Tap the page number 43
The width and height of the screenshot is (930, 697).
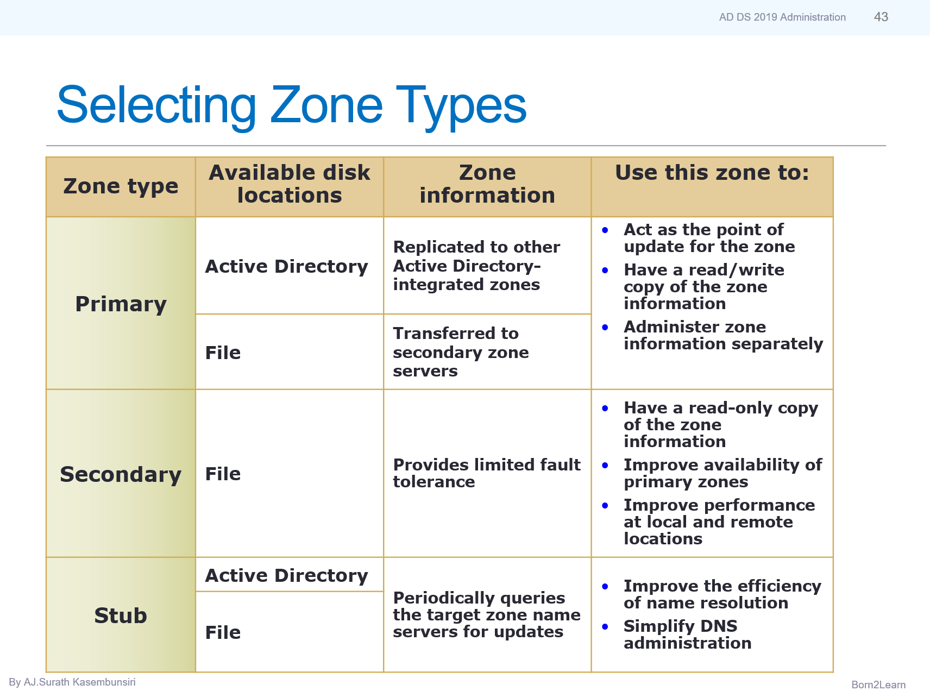click(x=881, y=17)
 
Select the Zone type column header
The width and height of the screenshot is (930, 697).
click(x=121, y=186)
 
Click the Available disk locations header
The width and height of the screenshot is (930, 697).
click(x=290, y=184)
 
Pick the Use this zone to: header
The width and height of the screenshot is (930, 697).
click(x=712, y=173)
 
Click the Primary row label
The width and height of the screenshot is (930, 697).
click(x=121, y=304)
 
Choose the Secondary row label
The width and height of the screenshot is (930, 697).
click(x=121, y=474)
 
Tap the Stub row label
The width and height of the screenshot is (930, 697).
click(x=121, y=616)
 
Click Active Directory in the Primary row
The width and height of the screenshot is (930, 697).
click(x=286, y=266)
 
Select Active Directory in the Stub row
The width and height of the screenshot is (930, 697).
click(x=286, y=575)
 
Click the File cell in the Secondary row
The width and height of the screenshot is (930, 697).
click(x=223, y=474)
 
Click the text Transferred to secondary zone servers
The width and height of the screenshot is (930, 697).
click(x=460, y=352)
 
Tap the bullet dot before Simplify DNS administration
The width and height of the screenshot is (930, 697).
click(x=605, y=626)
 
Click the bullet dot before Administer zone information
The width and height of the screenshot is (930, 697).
click(x=605, y=327)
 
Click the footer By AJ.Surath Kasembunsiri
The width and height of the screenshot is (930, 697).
click(x=72, y=682)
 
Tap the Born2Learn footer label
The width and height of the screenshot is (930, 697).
click(x=878, y=685)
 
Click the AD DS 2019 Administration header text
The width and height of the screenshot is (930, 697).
click(x=782, y=17)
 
